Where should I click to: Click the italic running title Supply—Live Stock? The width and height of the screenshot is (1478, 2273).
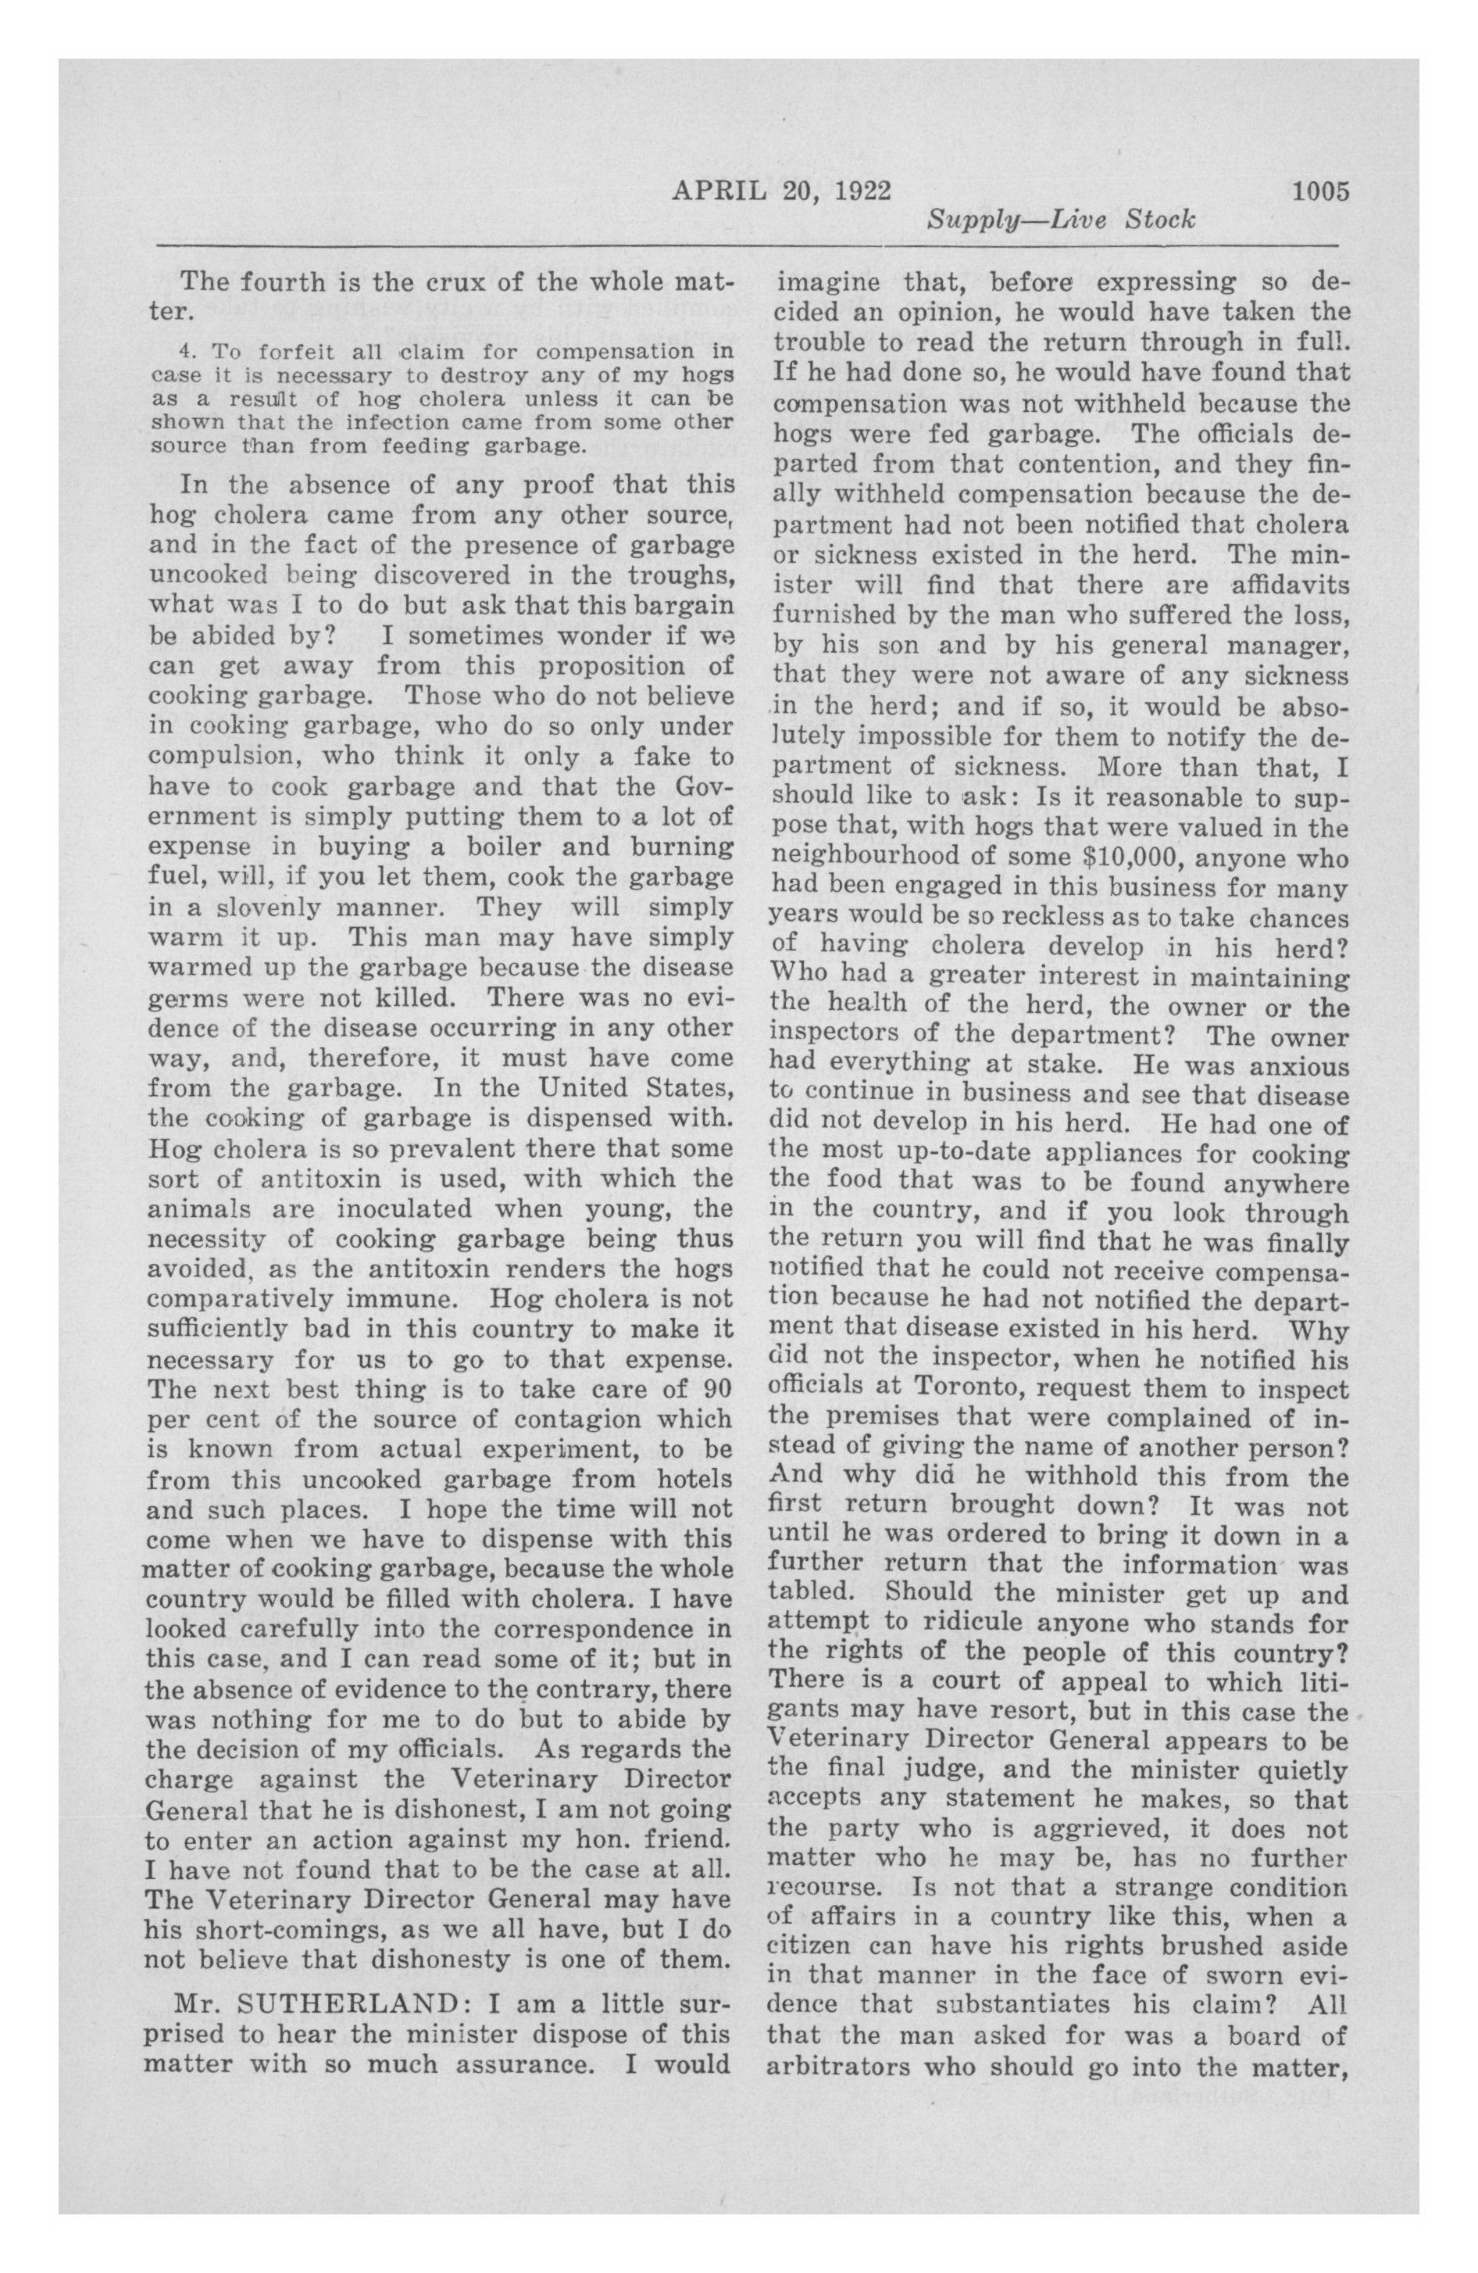(x=1061, y=220)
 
